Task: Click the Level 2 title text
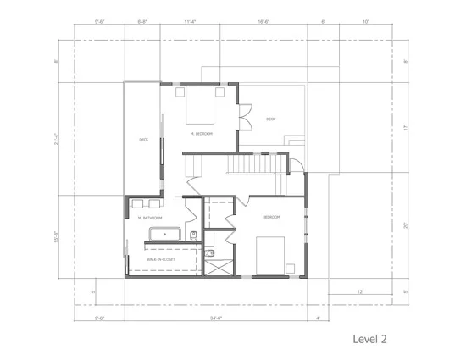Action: [x=369, y=338]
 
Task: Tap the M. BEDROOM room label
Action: [x=201, y=134]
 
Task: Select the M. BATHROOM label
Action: [x=151, y=218]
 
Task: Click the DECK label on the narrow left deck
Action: [x=144, y=140]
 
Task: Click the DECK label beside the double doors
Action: [x=271, y=119]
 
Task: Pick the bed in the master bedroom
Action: [x=202, y=108]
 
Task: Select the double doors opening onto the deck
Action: [x=244, y=115]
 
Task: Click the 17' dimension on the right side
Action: [x=406, y=128]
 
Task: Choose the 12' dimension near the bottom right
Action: [x=360, y=291]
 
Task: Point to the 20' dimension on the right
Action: [x=406, y=224]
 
